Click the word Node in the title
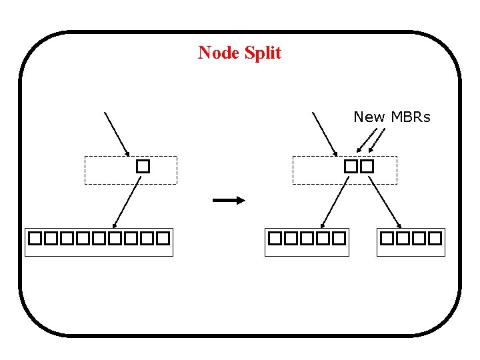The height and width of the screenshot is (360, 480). coord(219,53)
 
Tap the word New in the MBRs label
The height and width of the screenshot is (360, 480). coord(369,117)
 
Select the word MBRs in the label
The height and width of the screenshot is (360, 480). coord(410,117)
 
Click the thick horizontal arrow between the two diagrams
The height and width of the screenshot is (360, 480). coord(229,200)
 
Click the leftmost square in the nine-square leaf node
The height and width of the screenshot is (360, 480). coord(35,237)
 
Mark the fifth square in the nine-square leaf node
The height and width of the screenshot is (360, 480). coord(99,237)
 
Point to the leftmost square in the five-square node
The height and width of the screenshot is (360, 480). coord(275,237)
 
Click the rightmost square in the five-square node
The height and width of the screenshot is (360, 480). coord(339,237)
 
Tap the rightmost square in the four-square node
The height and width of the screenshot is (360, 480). coord(435,237)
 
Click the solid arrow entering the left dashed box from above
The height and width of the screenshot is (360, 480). coord(117,133)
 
